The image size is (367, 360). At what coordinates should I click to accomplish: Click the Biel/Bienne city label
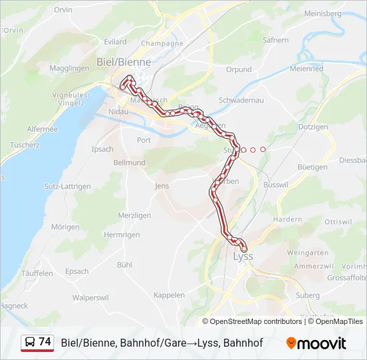[x=124, y=62]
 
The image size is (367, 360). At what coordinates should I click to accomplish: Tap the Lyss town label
[x=243, y=256]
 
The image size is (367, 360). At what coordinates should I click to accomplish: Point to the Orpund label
[x=238, y=69]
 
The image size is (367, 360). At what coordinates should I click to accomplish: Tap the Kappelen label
[x=169, y=295]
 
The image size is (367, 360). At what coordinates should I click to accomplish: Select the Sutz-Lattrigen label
[x=67, y=187]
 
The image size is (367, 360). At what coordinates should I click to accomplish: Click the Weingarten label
[x=307, y=253]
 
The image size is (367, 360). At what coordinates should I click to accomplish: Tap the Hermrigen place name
[x=121, y=235]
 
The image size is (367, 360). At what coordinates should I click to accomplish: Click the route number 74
[x=45, y=342]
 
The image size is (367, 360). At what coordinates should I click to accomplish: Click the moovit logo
[x=316, y=343]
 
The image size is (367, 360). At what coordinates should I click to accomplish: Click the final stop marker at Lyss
[x=244, y=249]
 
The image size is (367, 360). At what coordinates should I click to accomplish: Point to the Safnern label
[x=276, y=40]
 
